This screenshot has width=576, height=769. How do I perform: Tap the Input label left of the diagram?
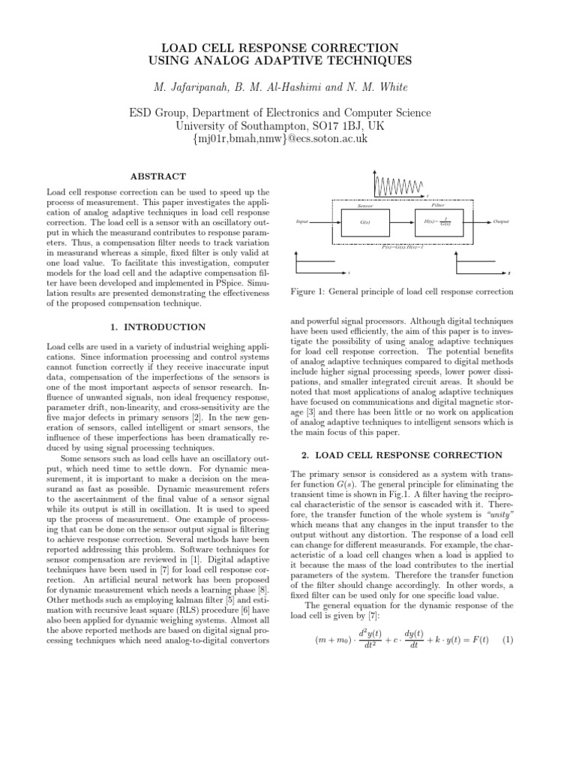[302, 222]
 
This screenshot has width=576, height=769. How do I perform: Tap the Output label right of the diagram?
[501, 222]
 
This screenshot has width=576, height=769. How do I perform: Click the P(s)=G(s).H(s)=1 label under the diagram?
[403, 246]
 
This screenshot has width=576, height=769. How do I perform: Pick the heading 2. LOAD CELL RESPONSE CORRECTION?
[401, 455]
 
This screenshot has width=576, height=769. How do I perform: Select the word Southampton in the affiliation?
[265, 126]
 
